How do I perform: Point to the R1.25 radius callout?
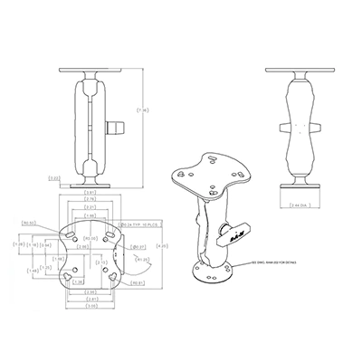pos(142,260)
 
